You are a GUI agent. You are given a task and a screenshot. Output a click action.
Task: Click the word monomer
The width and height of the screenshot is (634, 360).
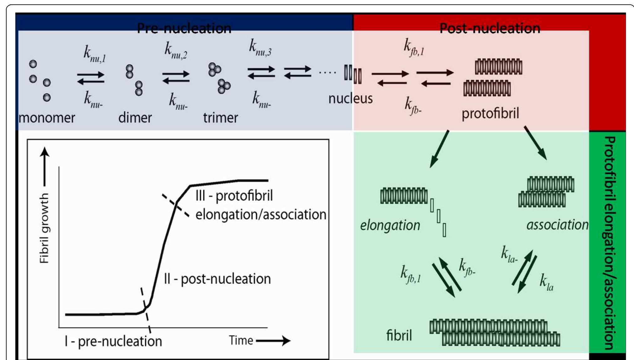tap(47, 118)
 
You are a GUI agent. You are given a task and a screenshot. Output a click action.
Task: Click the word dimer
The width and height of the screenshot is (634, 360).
tap(135, 118)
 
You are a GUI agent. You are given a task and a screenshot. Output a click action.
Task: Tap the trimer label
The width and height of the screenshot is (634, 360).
tap(220, 118)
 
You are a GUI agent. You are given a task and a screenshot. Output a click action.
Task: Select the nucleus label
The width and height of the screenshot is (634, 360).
tap(350, 99)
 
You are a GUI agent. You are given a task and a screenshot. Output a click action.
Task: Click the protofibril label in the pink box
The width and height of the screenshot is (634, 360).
tap(490, 113)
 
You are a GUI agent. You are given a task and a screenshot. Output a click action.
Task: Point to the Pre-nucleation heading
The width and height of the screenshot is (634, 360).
tap(184, 29)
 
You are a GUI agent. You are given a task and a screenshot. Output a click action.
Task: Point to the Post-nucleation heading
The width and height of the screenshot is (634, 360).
tap(490, 29)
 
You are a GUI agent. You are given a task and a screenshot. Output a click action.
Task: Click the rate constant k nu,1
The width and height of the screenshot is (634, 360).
tap(94, 54)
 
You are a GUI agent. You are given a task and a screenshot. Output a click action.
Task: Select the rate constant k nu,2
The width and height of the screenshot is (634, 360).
tap(176, 51)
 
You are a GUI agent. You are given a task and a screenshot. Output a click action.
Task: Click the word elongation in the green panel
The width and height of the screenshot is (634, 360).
tap(390, 225)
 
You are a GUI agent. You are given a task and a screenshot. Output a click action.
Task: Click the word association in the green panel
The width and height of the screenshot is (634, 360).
tap(557, 225)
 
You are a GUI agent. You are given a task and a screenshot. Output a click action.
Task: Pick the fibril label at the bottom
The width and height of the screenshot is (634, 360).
tap(399, 336)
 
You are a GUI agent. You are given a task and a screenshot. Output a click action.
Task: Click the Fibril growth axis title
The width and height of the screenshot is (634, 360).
tap(44, 228)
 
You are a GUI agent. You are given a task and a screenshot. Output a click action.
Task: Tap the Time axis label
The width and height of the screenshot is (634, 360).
tap(241, 341)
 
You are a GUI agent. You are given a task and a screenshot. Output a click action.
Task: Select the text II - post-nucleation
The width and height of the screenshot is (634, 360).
tap(217, 279)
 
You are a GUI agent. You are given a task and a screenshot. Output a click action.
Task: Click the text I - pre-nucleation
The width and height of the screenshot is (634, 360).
tap(113, 341)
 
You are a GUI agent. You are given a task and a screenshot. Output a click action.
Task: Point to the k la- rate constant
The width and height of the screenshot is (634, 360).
tap(509, 254)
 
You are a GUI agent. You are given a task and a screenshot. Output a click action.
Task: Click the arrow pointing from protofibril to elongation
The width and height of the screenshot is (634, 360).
tap(439, 149)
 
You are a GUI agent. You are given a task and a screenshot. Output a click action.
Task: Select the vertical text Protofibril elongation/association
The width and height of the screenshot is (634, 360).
tap(609, 243)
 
